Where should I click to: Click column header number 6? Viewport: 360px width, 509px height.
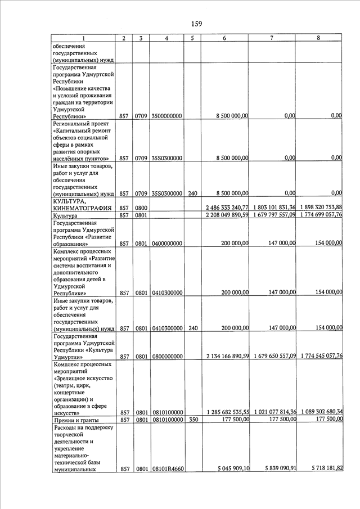pos(224,38)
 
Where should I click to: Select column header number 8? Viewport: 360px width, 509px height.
pos(318,38)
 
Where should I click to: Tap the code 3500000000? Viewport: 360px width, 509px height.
pos(166,116)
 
